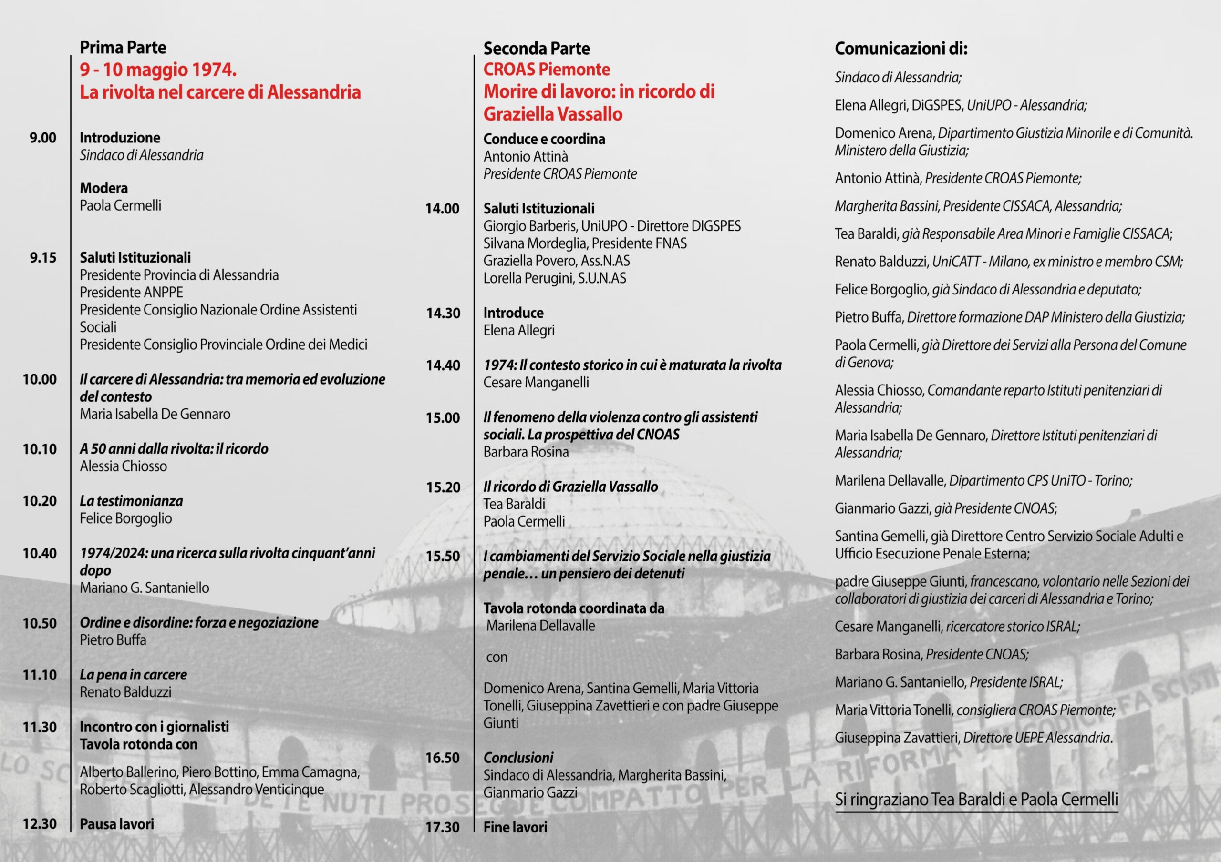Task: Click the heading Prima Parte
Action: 123,48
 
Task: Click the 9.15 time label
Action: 42,258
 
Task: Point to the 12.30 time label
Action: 40,824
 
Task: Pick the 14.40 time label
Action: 443,365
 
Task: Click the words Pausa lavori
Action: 117,824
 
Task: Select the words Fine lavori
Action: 515,827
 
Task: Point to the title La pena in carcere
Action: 134,675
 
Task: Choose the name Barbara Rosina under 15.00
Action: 526,452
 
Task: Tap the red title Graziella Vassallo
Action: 552,114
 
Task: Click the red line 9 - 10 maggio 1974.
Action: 158,70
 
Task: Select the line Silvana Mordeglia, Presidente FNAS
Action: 585,243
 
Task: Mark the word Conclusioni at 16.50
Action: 518,757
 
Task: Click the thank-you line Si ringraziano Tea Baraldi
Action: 976,799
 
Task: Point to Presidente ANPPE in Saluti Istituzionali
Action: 131,292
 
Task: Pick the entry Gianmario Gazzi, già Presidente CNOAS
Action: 945,508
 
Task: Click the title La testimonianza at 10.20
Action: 131,501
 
